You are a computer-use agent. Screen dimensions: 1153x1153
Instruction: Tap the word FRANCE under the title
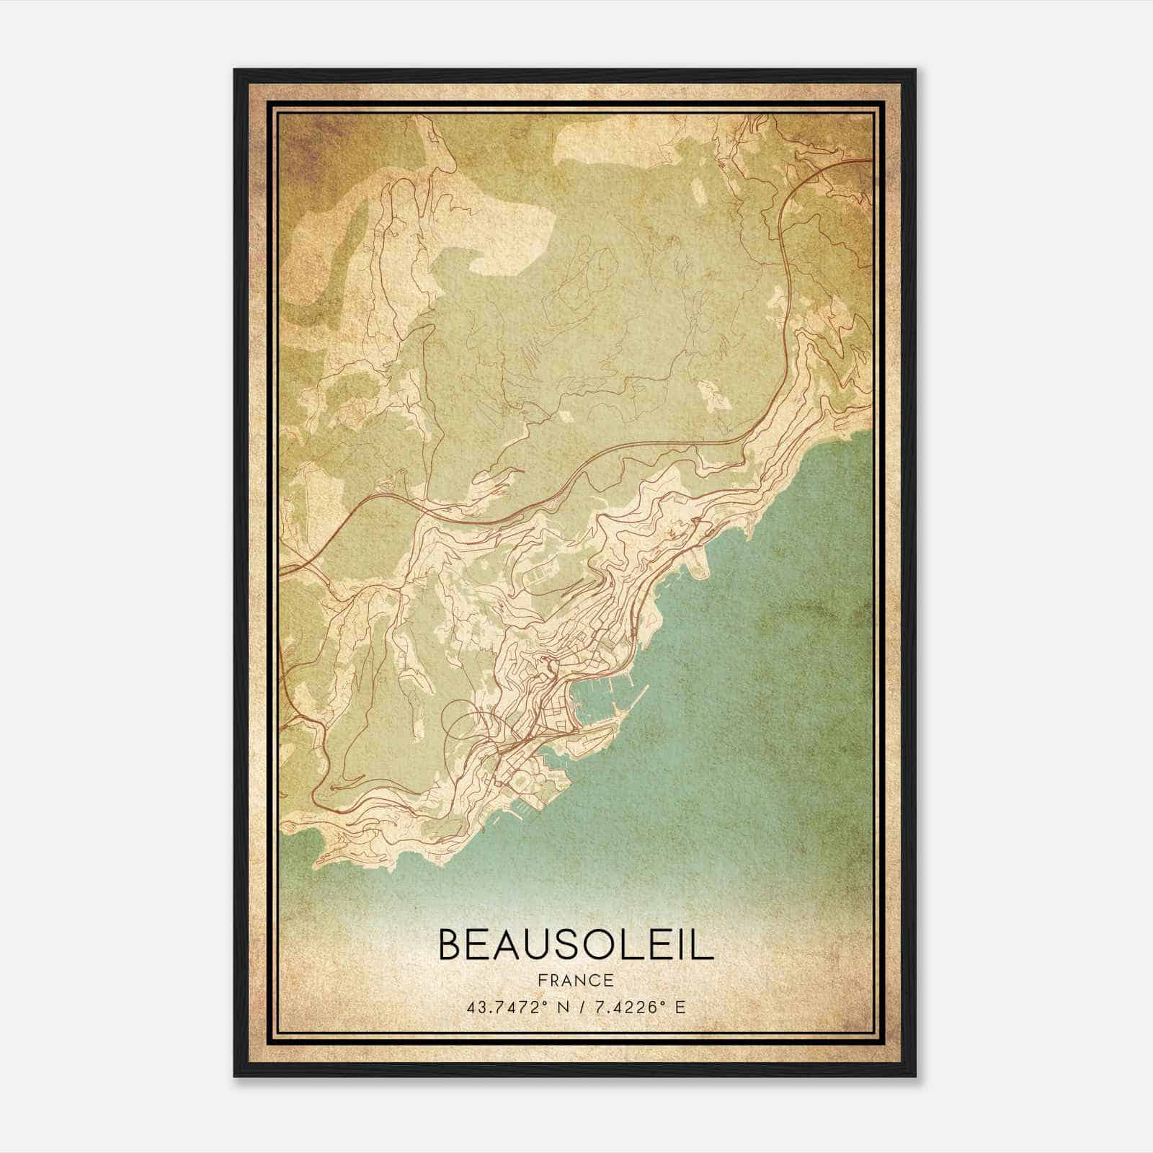tap(575, 980)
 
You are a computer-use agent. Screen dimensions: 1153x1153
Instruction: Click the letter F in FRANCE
tap(542, 980)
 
